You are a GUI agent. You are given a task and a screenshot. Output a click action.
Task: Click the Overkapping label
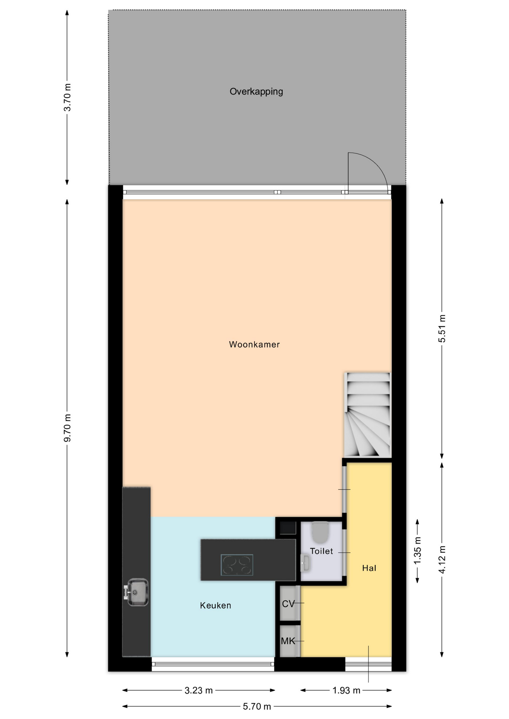click(256, 92)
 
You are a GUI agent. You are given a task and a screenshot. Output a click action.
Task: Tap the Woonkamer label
click(254, 345)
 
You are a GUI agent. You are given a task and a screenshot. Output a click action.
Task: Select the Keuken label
click(216, 606)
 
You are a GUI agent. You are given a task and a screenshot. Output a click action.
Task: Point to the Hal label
click(369, 568)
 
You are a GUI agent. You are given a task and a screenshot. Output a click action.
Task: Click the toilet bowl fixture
click(320, 533)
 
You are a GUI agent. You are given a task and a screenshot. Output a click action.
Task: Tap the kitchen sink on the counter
click(136, 592)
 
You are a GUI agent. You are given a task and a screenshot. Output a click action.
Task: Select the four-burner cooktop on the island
click(237, 565)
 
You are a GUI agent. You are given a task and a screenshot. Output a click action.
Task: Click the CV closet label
click(288, 604)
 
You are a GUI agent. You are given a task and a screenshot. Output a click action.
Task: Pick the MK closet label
click(288, 641)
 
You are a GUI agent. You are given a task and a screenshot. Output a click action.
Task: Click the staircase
click(367, 415)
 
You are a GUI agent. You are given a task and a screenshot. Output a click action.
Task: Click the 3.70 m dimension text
click(67, 97)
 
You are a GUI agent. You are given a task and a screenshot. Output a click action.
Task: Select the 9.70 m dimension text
click(67, 428)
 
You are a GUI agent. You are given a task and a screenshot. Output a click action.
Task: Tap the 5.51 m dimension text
click(442, 328)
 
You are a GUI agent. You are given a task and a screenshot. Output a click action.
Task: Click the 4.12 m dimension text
click(442, 559)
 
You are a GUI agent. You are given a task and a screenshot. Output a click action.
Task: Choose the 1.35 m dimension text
click(418, 550)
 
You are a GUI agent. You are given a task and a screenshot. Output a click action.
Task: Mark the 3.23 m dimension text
click(199, 690)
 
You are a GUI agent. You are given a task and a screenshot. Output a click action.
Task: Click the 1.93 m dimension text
click(346, 690)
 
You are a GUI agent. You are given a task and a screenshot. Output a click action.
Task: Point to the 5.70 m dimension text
click(257, 706)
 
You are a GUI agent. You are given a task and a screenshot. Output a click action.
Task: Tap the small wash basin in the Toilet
click(305, 563)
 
